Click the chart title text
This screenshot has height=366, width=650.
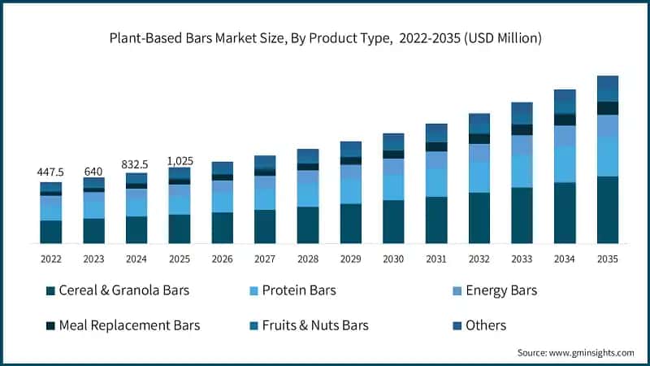click(325, 38)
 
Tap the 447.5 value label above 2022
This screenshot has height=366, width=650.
click(51, 172)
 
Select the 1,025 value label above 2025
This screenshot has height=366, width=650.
click(180, 160)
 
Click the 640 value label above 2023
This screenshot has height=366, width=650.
click(93, 172)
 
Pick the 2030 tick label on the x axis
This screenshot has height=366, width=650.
click(393, 259)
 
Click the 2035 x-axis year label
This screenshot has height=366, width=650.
click(607, 259)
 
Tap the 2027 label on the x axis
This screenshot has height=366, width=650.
click(265, 259)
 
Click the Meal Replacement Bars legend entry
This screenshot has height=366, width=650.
click(122, 325)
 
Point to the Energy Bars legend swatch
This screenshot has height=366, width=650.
click(456, 290)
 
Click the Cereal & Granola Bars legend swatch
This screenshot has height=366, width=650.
click(50, 290)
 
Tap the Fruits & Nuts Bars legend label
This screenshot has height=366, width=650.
click(310, 325)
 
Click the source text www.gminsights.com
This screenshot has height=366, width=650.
click(575, 352)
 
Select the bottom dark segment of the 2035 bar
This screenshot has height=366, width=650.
click(607, 210)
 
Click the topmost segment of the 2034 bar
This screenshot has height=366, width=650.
click(565, 96)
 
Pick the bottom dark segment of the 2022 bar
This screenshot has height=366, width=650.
click(51, 232)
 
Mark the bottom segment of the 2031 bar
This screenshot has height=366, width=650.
click(436, 220)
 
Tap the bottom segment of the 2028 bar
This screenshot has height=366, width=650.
click(308, 225)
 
